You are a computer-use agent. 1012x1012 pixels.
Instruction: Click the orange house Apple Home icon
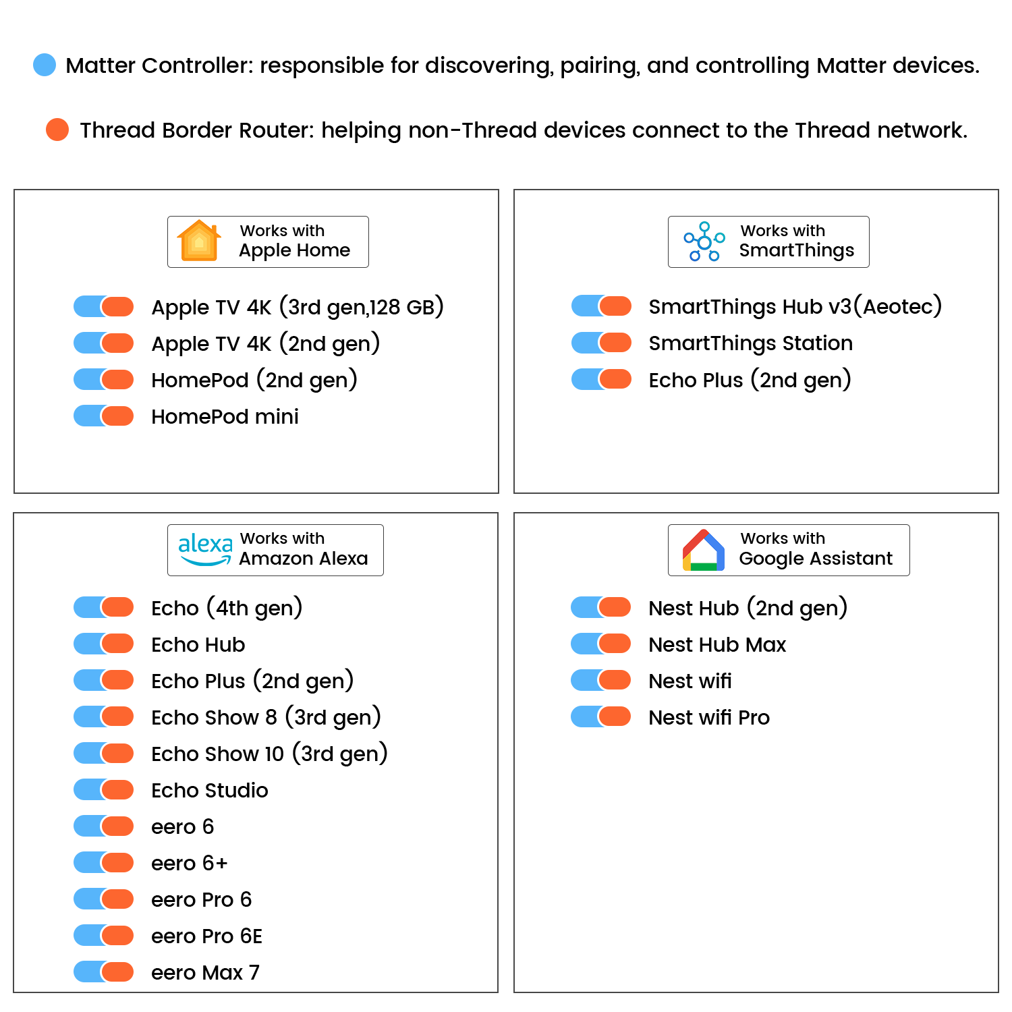coord(199,240)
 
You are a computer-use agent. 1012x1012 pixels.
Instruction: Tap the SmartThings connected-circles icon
coord(704,241)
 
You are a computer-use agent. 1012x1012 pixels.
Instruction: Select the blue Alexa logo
coord(205,549)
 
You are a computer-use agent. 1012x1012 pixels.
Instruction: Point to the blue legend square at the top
coord(45,65)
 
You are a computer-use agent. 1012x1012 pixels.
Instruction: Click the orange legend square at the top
coord(57,129)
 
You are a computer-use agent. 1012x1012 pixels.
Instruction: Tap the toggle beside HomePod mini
coord(105,416)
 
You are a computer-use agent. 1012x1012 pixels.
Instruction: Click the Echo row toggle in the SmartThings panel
coord(602,379)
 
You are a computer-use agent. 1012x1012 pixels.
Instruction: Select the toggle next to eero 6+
coord(105,862)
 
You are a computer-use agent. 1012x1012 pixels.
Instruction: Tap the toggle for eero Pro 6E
coord(105,935)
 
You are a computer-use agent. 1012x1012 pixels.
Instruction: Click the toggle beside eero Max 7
coord(105,972)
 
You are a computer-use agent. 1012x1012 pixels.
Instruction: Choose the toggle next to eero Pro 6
coord(105,899)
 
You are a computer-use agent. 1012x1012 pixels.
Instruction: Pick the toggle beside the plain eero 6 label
coord(105,826)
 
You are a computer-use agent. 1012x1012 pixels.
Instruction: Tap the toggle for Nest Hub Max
coord(602,644)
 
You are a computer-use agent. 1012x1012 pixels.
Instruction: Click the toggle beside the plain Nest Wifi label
coord(602,680)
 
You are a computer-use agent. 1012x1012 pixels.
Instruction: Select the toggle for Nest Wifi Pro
coord(602,716)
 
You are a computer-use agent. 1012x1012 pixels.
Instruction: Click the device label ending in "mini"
coord(225,417)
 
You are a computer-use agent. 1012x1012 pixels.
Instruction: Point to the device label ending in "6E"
coord(206,936)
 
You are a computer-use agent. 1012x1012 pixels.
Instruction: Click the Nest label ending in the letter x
coord(717,645)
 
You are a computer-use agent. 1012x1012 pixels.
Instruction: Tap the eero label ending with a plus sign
coord(190,864)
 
